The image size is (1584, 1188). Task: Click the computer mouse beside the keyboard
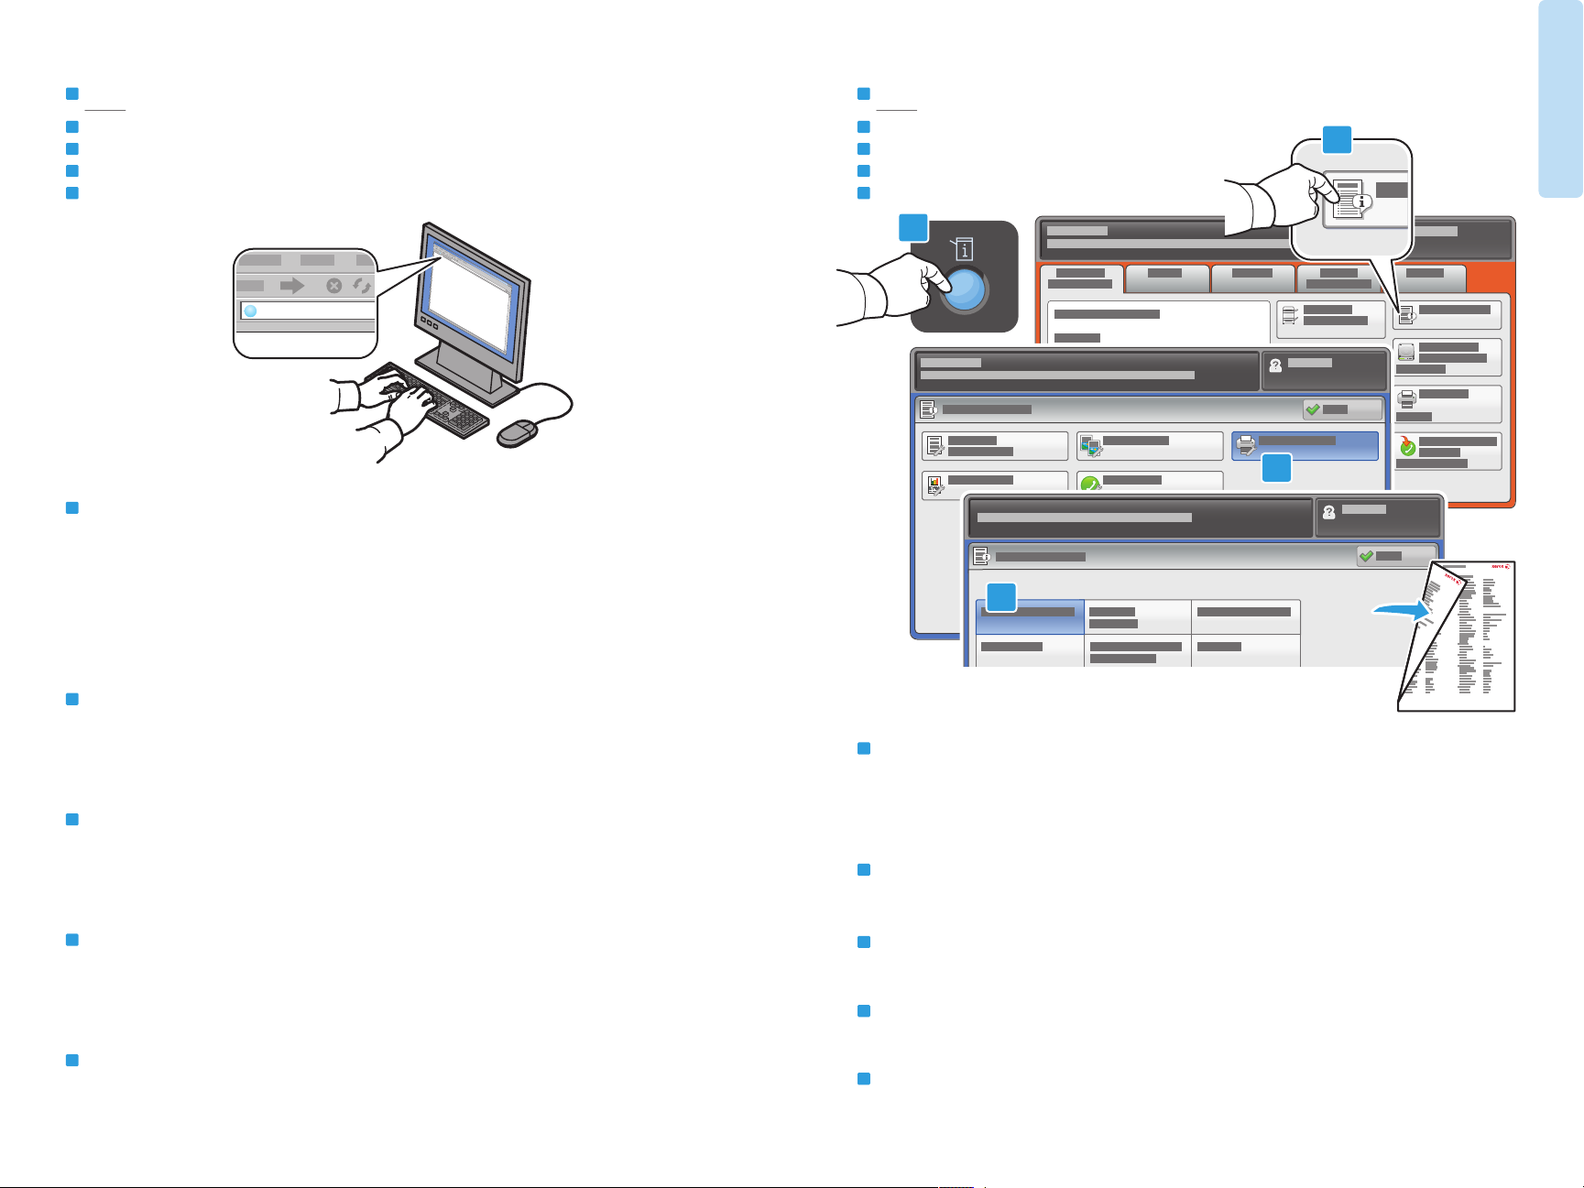517,434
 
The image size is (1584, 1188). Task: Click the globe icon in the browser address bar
250,311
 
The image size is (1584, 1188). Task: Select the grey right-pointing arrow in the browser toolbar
291,286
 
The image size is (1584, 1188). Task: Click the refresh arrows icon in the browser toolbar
363,286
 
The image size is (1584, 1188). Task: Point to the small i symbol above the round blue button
965,249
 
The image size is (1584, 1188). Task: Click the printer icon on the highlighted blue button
1246,446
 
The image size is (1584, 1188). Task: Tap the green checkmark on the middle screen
1313,409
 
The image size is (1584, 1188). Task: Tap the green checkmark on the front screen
1366,556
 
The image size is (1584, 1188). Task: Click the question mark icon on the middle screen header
1275,365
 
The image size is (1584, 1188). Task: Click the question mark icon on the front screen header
1329,512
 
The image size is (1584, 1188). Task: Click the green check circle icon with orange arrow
1408,447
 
